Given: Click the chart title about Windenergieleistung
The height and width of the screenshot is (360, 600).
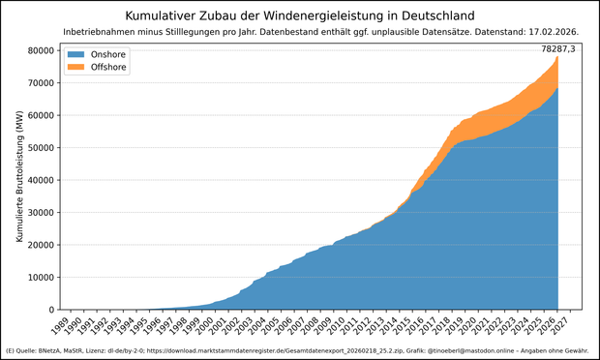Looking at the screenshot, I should click(x=300, y=15).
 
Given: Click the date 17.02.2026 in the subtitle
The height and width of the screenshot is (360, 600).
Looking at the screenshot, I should click(x=549, y=32).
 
